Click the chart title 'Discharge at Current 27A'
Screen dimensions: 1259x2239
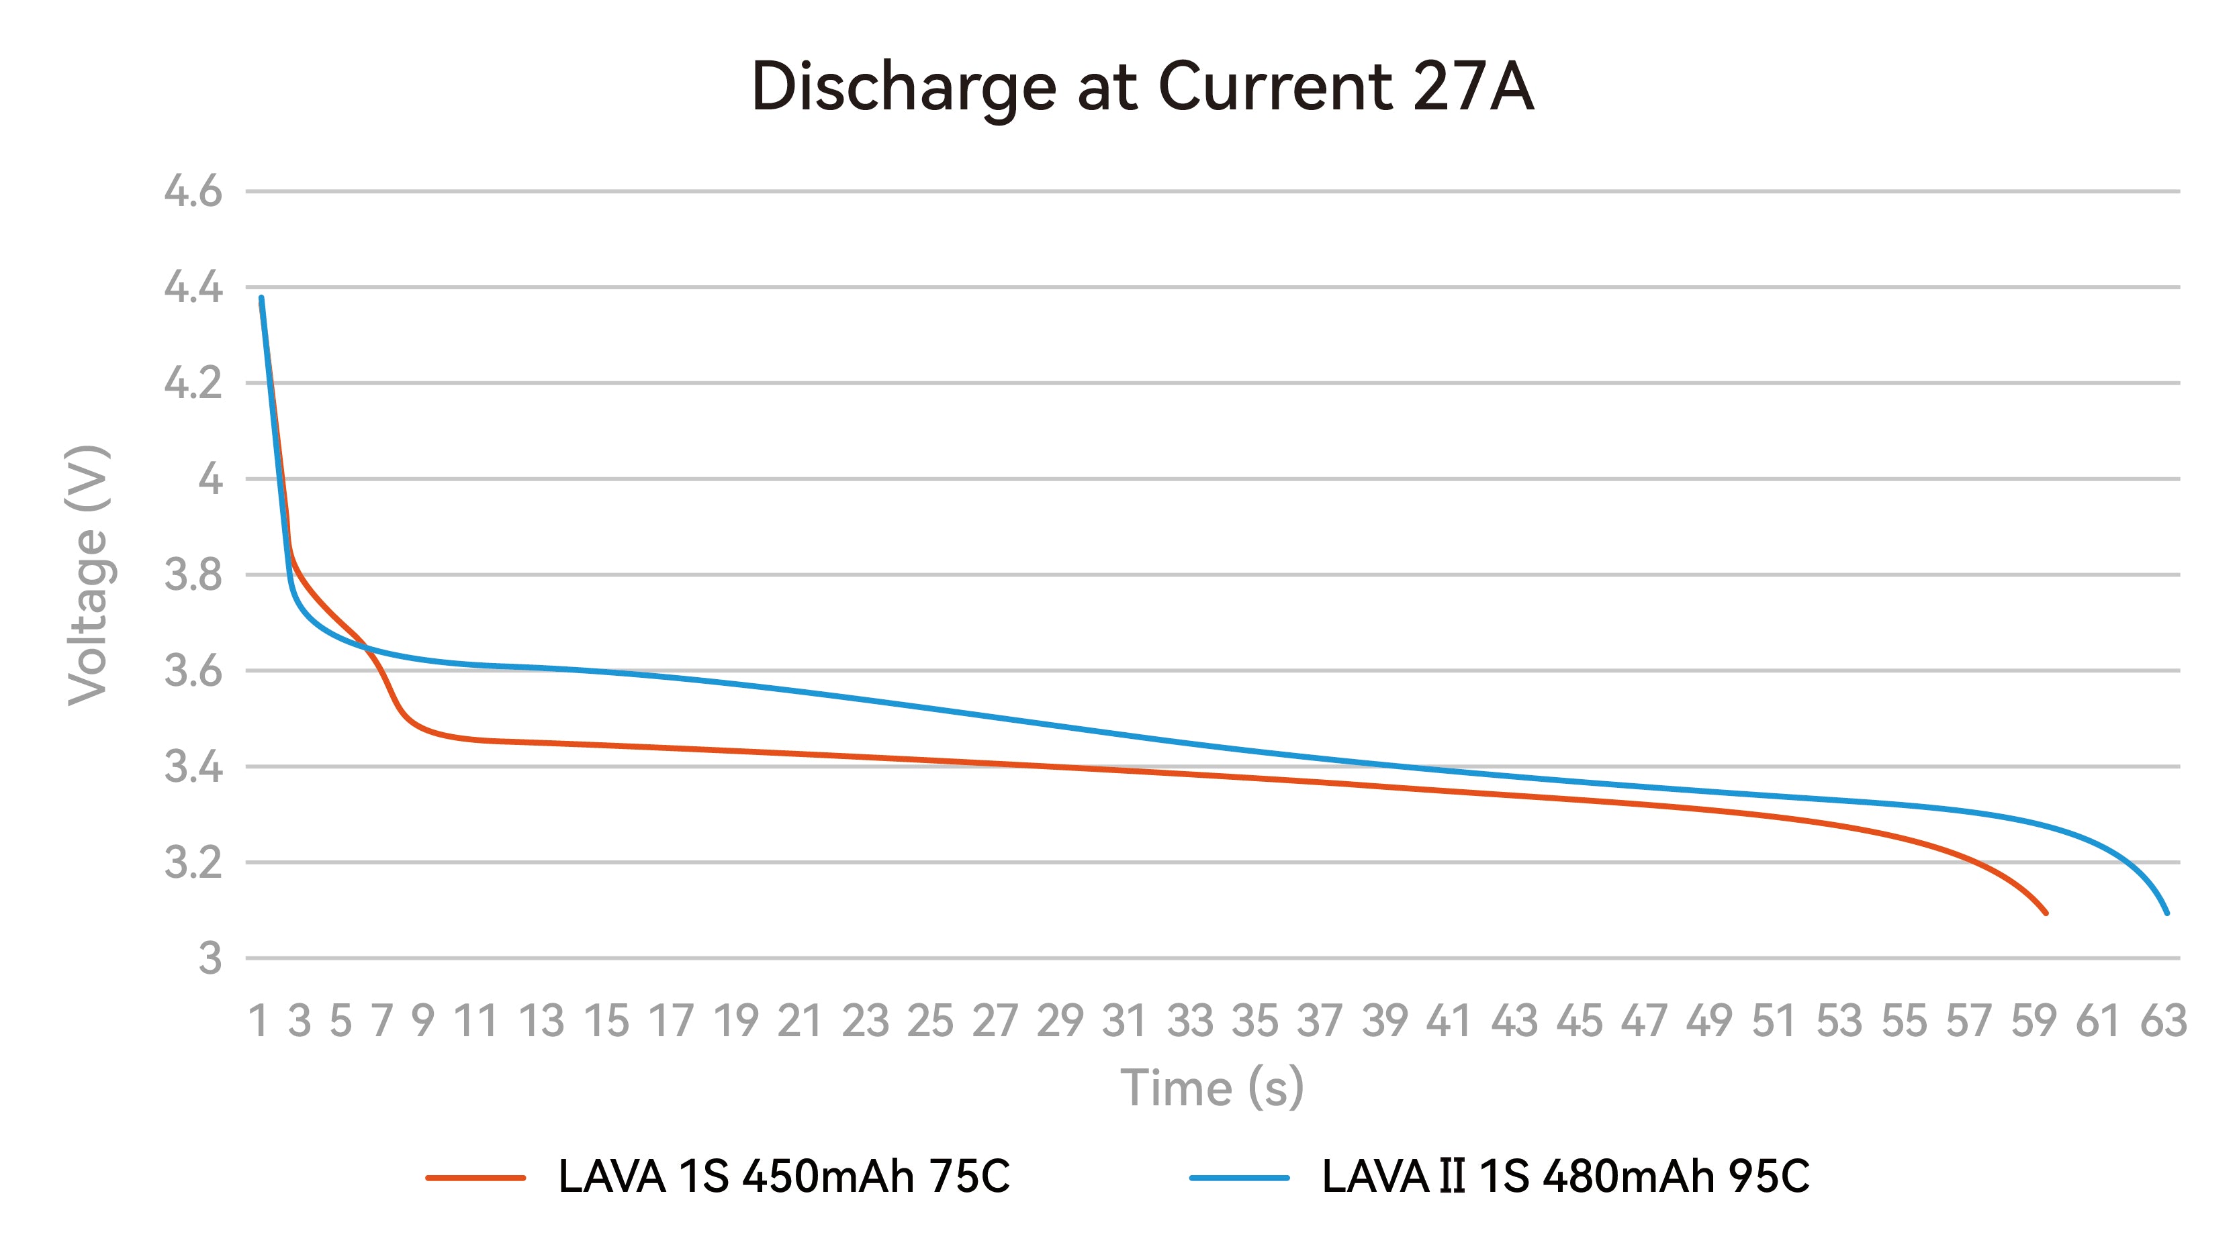(x=1142, y=88)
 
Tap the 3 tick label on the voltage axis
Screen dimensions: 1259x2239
(x=210, y=959)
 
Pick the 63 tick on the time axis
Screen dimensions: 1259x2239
(x=2163, y=1021)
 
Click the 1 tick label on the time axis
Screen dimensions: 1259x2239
(x=258, y=1021)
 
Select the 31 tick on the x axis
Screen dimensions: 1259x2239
(x=1125, y=1021)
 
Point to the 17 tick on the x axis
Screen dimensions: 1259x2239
(x=671, y=1021)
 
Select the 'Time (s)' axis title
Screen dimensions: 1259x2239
(x=1212, y=1088)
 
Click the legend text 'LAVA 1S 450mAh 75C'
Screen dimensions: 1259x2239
(x=784, y=1177)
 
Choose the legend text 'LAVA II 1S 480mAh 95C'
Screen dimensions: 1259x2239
(x=1565, y=1177)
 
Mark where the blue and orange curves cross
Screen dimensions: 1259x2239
(x=366, y=648)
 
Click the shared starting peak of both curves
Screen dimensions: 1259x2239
(x=261, y=299)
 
